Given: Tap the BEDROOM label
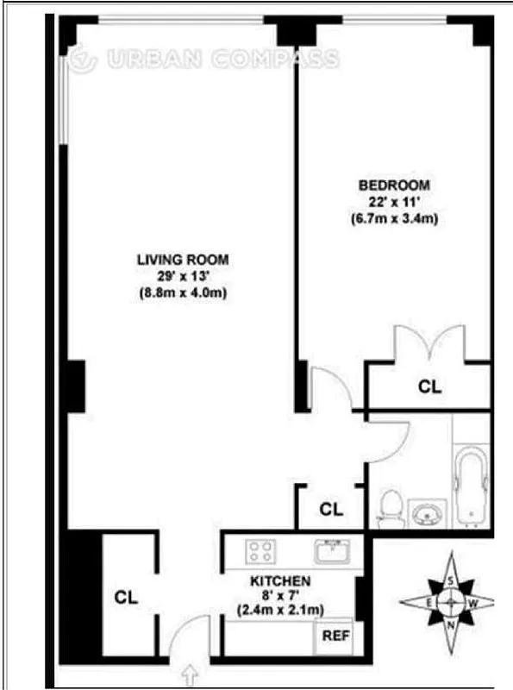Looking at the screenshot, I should tap(394, 185).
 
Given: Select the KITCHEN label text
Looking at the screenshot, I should tap(280, 580).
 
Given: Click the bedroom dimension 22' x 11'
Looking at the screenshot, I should tap(394, 202).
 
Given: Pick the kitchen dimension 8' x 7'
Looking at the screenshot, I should tap(281, 595).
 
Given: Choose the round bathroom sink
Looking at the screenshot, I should tap(426, 516).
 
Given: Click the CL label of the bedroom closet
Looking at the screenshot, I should tap(429, 387).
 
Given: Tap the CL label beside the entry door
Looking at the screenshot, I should tap(127, 596).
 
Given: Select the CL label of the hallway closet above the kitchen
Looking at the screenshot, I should tap(331, 509).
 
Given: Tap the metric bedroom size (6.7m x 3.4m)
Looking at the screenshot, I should tap(394, 218).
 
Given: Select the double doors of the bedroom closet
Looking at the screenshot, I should tap(428, 345).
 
